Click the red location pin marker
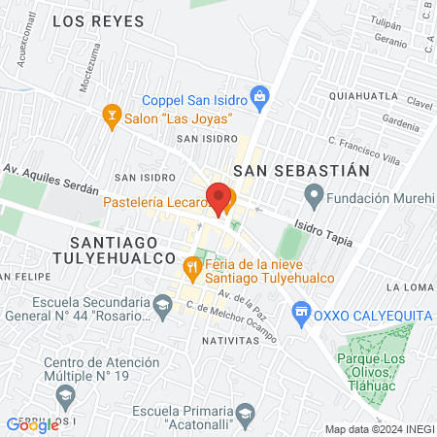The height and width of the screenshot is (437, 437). click(x=219, y=198)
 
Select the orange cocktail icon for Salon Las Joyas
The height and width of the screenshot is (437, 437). click(x=112, y=117)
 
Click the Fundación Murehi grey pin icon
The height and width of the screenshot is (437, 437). click(x=314, y=198)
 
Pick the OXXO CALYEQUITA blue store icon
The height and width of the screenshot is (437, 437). click(x=301, y=312)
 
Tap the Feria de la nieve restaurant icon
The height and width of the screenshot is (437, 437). click(x=192, y=263)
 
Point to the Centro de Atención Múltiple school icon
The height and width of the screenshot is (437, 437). click(x=65, y=394)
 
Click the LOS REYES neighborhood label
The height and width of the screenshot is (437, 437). click(x=97, y=20)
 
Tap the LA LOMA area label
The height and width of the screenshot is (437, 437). click(x=407, y=286)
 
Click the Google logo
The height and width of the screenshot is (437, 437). click(x=32, y=424)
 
